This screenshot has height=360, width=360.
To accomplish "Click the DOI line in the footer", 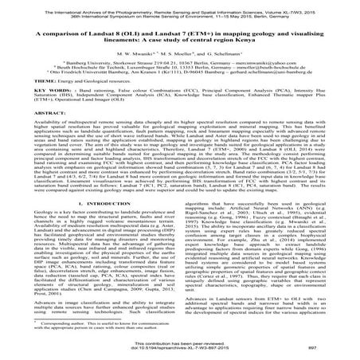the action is click(x=179, y=349).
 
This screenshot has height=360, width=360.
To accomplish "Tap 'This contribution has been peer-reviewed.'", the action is click(x=179, y=343).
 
